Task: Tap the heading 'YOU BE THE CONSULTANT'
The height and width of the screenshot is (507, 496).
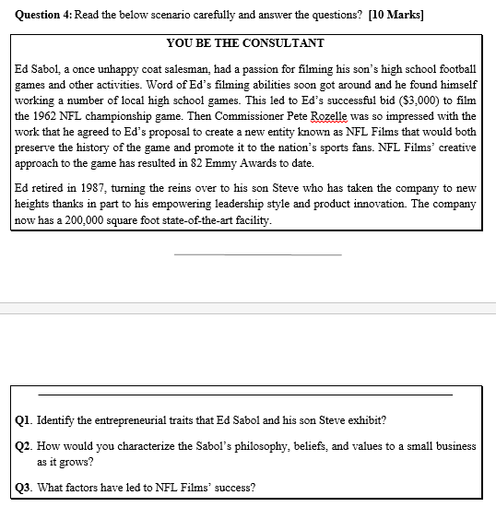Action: click(x=245, y=43)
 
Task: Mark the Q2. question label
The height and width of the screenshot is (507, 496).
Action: click(x=24, y=445)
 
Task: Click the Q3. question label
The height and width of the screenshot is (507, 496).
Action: click(x=24, y=487)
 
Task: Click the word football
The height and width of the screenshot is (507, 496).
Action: click(x=452, y=69)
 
